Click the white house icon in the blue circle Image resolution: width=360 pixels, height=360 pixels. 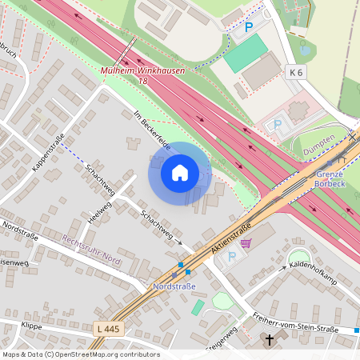(180, 172)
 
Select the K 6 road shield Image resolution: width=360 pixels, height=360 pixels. (295, 72)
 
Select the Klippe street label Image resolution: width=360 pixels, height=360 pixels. (31, 327)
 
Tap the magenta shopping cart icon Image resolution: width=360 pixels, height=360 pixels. (246, 242)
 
